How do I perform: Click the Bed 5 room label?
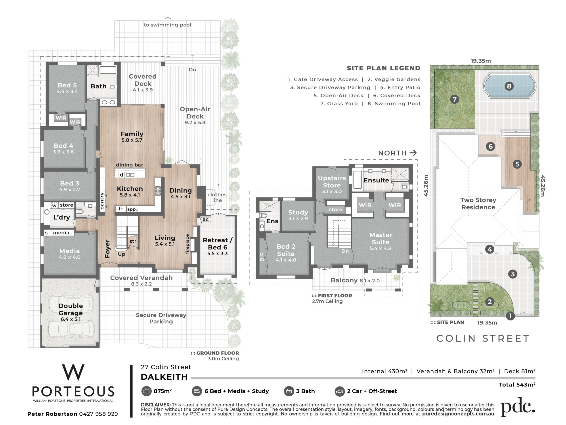[x=67, y=85]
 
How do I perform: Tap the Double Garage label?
[x=71, y=309]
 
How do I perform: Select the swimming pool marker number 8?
[x=509, y=86]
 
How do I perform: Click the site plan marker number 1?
[x=510, y=316]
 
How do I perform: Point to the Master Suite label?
[x=381, y=238]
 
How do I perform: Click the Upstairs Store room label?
[x=332, y=182]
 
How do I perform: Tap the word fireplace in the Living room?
[x=187, y=244]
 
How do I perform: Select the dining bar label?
[x=130, y=165]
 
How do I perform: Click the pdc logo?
[x=518, y=407]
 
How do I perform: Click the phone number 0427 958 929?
[x=99, y=414]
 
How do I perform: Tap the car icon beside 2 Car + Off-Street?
[x=340, y=391]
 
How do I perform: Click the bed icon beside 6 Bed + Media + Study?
[x=197, y=391]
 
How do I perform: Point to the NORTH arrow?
[x=413, y=153]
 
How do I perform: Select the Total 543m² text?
[x=517, y=384]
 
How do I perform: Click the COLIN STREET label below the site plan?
[x=483, y=338]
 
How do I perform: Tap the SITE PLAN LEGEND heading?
[x=384, y=68]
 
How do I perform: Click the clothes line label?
[x=217, y=197]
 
